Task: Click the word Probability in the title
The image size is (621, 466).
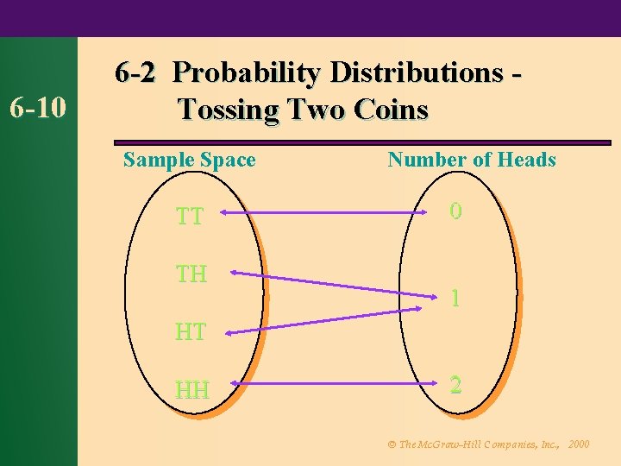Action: (238, 72)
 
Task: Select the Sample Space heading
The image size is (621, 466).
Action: (190, 160)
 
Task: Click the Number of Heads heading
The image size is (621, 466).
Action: (472, 160)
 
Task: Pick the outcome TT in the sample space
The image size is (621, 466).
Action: (190, 216)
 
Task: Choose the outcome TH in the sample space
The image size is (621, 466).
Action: (191, 274)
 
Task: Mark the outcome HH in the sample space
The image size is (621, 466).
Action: (192, 390)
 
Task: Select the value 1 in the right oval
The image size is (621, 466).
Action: (455, 299)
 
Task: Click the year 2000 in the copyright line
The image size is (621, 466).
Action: (580, 444)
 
